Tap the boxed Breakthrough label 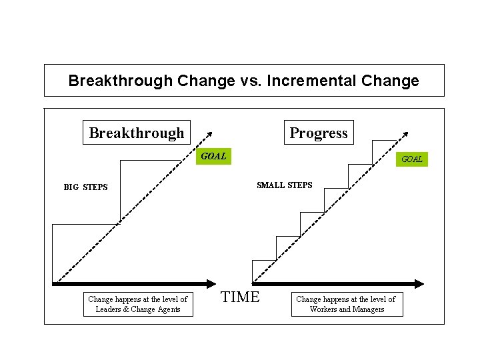(137, 133)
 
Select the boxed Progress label (319, 133)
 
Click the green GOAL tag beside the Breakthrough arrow (213, 157)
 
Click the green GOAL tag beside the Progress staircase (411, 159)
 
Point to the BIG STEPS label (85, 187)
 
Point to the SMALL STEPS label (284, 185)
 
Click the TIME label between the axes (240, 297)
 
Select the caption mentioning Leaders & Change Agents (137, 304)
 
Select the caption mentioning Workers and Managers (346, 304)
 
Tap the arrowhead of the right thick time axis (419, 283)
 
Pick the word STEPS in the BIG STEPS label (95, 187)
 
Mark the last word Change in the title (390, 81)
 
